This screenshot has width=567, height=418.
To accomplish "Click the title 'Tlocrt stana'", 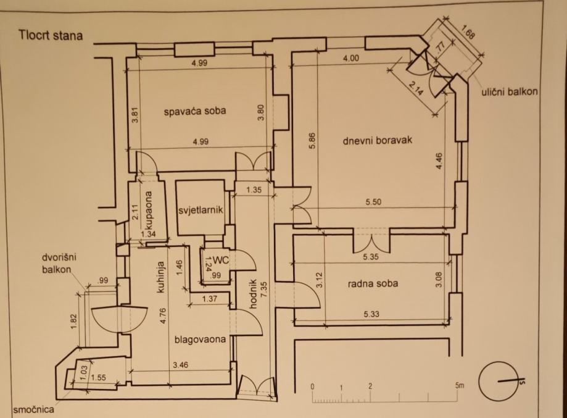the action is pos(51,35).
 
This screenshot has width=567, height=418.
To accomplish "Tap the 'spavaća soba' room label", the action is pos(194,112).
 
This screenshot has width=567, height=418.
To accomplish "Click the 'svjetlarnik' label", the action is pos(200,210).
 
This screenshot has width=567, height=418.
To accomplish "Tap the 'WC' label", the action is pos(221,261).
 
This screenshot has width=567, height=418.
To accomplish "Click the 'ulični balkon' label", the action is pos(510,92).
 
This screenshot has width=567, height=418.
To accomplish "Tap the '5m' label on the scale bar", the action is pos(459,386).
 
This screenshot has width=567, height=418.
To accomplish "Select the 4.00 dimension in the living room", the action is pos(350,59).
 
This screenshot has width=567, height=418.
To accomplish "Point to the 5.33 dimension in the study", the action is pos(371,314).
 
